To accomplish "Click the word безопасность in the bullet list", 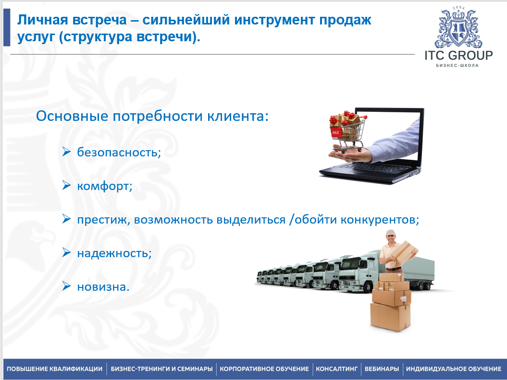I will (118, 153).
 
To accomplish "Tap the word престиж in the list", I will (103, 220).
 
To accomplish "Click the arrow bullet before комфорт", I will (67, 185).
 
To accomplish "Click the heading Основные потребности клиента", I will (152, 117).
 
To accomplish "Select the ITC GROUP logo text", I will (458, 55).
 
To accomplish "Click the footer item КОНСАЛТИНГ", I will (336, 369).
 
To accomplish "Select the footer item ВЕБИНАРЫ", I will (382, 369).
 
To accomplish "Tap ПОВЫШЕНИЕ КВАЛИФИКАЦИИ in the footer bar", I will (54, 369).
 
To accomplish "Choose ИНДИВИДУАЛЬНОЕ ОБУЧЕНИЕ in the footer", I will (453, 369).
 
